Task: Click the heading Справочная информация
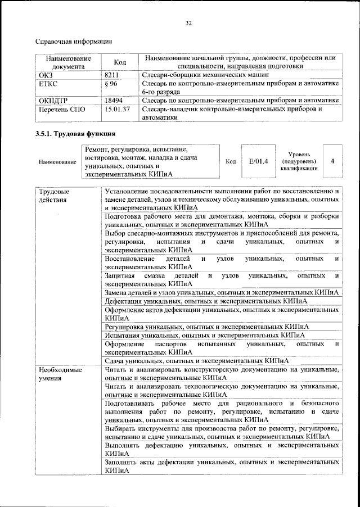(x=74, y=41)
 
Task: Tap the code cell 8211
(x=111, y=74)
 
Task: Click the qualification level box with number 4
(x=332, y=161)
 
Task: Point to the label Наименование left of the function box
(x=57, y=162)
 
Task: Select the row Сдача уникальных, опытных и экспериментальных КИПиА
(x=197, y=360)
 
